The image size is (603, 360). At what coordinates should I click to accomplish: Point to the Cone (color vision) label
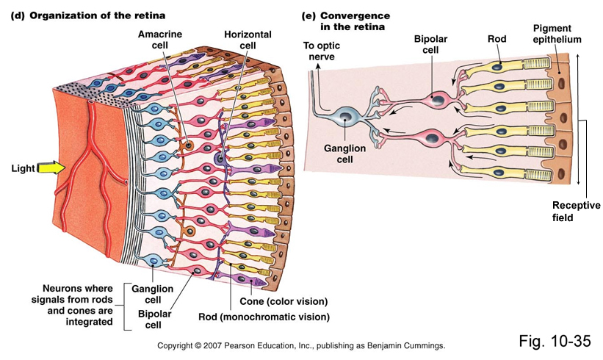point(283,301)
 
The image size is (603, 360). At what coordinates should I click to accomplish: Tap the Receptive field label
point(572,212)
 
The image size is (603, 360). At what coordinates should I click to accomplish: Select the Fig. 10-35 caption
point(555,340)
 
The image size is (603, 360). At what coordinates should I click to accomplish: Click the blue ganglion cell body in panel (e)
point(344,115)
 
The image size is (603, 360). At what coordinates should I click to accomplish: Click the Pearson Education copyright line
point(301,345)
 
